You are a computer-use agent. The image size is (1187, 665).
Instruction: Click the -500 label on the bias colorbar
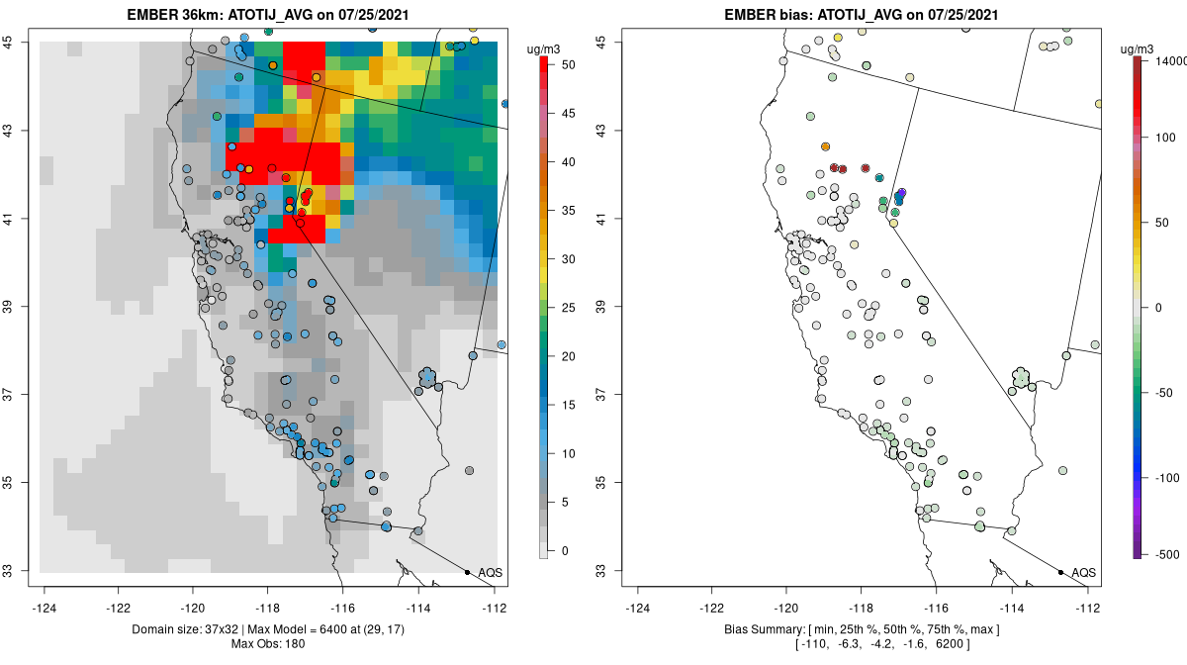[1163, 553]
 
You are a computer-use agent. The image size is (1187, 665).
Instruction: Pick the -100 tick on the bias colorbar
[1163, 477]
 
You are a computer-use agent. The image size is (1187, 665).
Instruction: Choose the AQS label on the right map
[1084, 573]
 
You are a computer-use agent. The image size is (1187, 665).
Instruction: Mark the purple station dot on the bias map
[902, 192]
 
